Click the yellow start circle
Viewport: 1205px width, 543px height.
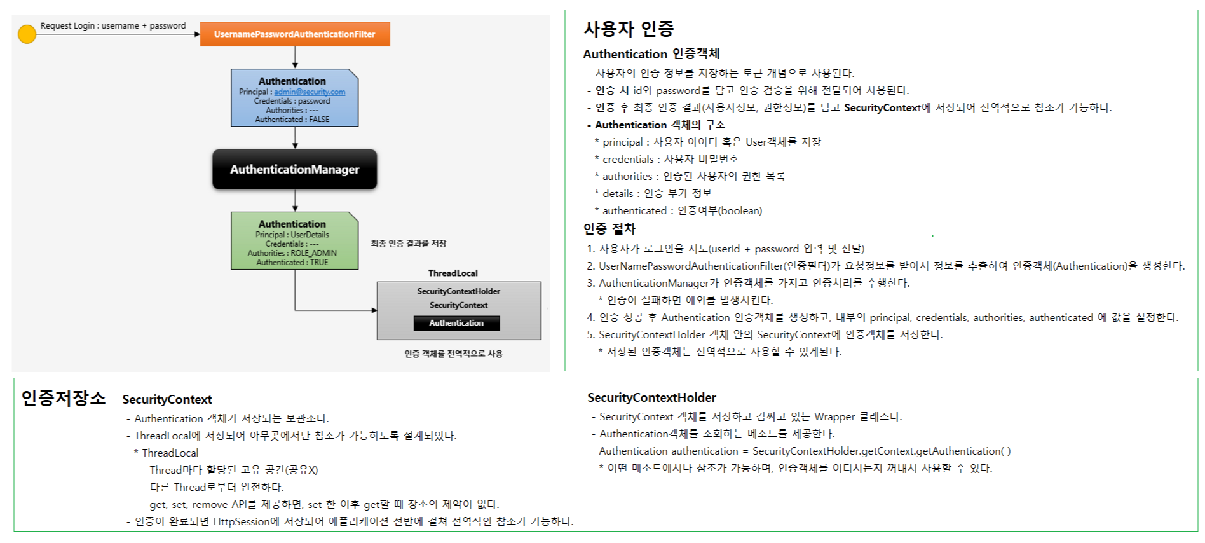[x=27, y=34]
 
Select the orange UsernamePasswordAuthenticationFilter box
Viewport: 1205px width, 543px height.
[x=294, y=34]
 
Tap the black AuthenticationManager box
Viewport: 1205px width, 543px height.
[x=294, y=169]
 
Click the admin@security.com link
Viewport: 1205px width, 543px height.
[x=310, y=92]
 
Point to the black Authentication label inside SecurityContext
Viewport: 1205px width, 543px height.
[x=456, y=323]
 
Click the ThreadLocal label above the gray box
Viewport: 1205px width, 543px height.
[x=453, y=273]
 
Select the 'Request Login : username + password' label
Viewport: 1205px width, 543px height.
[x=113, y=26]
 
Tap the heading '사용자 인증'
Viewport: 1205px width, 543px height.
[x=629, y=29]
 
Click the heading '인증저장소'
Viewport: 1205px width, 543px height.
[x=64, y=399]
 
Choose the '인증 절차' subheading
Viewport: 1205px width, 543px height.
[x=609, y=229]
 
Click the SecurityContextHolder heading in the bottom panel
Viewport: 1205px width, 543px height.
[x=651, y=398]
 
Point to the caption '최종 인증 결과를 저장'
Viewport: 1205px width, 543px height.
[x=408, y=244]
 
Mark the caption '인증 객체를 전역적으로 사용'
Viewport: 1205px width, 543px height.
[x=453, y=354]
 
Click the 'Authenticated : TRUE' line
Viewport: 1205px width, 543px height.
[x=292, y=263]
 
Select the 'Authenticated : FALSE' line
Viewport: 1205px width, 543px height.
[x=292, y=120]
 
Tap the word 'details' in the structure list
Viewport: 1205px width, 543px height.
[x=618, y=194]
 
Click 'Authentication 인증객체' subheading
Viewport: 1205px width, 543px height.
[x=651, y=54]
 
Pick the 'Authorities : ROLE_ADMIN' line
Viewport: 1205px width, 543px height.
[x=292, y=253]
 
